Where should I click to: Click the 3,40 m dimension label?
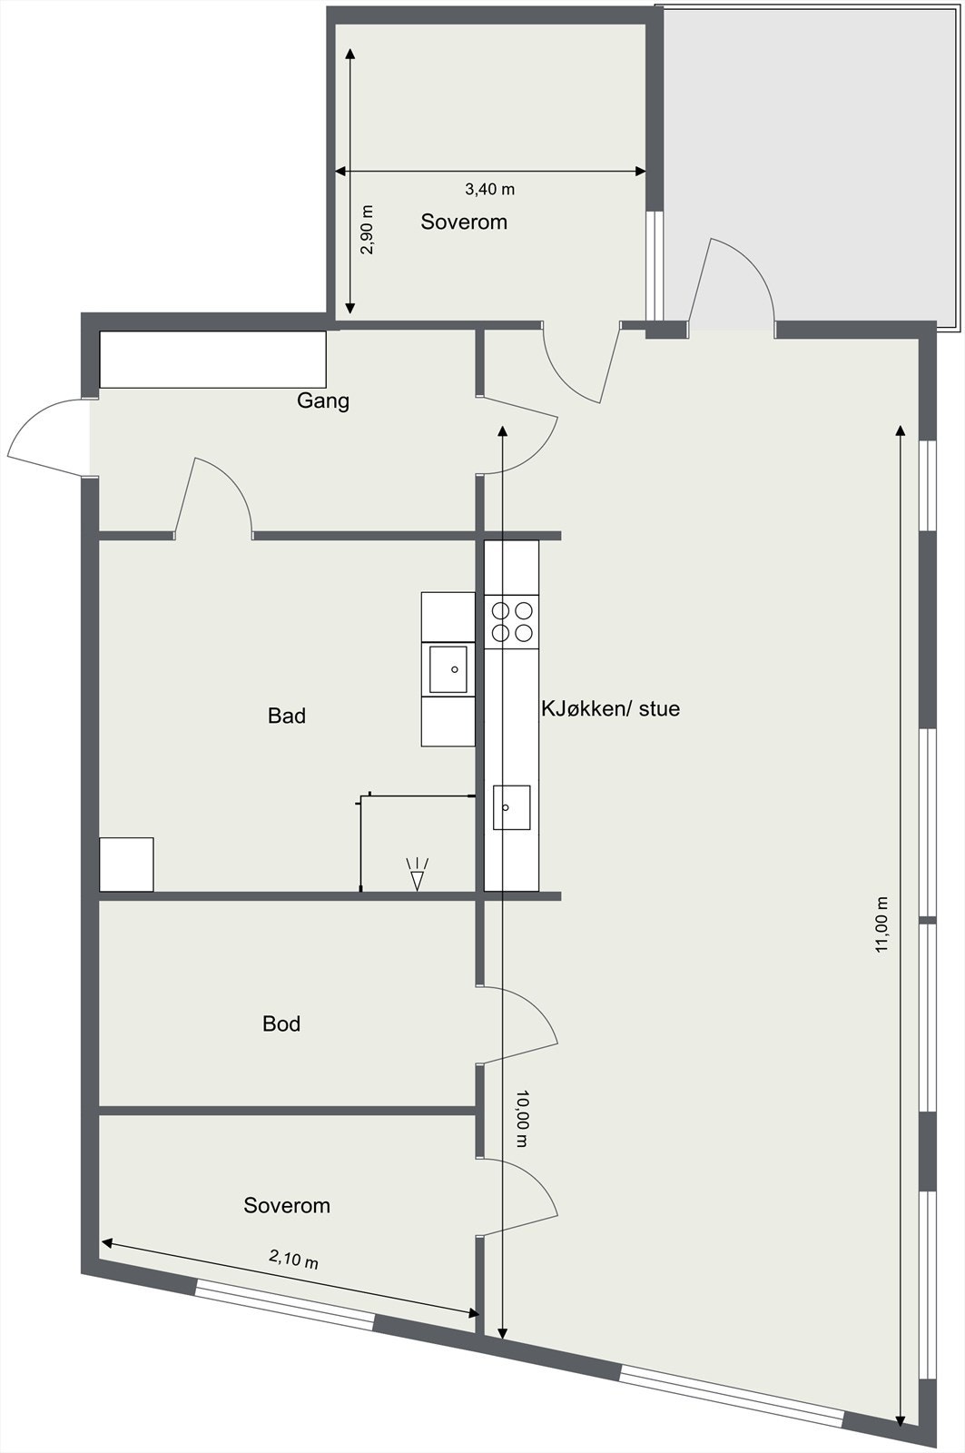tap(489, 189)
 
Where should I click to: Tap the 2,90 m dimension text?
tap(367, 229)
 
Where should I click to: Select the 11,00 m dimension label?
tap(881, 924)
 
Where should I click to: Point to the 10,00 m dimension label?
tap(521, 1119)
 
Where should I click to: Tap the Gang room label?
tap(323, 400)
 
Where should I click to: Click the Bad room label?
tap(287, 716)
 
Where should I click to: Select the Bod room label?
tap(281, 1023)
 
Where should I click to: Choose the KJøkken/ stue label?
tap(610, 708)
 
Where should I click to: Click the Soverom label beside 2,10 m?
tap(287, 1205)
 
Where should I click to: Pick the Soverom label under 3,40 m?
tap(464, 222)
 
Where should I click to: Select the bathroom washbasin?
tap(448, 669)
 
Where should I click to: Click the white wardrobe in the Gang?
tap(212, 360)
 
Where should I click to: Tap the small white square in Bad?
tap(126, 865)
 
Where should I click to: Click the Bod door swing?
tap(519, 1024)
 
